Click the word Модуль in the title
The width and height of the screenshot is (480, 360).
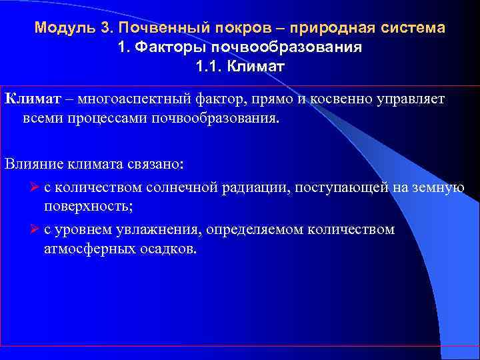59,29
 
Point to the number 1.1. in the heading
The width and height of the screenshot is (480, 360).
211,67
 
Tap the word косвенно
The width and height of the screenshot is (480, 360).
339,99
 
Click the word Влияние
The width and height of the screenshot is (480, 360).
33,164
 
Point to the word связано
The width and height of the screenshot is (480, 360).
157,164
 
